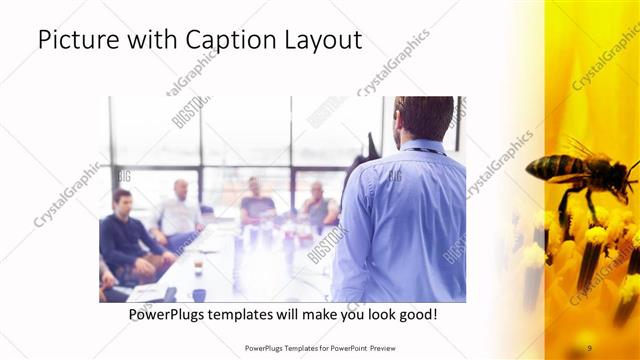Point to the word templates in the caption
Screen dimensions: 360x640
point(253,314)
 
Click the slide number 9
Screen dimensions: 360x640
point(589,347)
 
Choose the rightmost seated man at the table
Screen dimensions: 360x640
point(318,206)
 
